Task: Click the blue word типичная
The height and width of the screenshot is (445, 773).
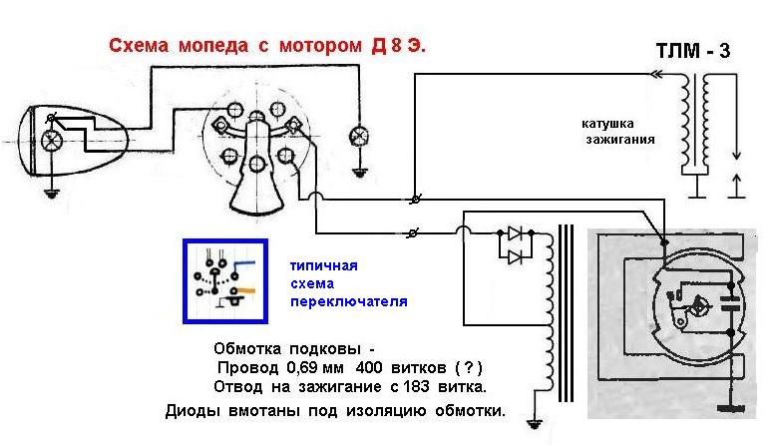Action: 322,266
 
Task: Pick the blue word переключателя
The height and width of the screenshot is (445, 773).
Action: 349,300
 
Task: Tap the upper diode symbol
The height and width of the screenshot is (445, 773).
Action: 515,235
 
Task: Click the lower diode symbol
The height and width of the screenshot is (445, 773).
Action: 515,256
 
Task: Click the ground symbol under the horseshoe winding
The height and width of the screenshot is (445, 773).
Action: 537,425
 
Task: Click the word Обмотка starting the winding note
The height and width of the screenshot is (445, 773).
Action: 246,350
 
